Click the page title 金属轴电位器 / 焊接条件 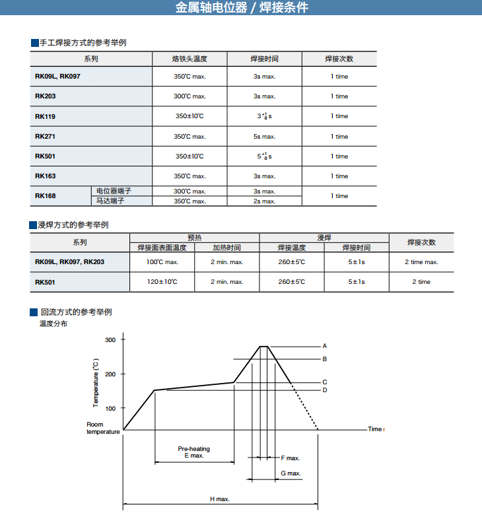coord(242,8)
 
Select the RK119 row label coord(46,116)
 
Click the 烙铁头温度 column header coord(189,59)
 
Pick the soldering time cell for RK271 coord(264,137)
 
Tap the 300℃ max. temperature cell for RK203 coord(189,96)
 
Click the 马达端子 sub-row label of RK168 coord(110,201)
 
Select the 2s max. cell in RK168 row coord(264,201)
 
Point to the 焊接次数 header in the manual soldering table coord(339,59)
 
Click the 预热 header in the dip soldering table coord(194,237)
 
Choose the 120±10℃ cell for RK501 coord(162,282)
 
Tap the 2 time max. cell coord(421,262)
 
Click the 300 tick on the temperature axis coord(110,339)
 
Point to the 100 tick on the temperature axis coord(110,409)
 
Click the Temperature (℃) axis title coord(96,383)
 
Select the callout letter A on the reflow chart coord(325,346)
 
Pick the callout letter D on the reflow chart coord(325,390)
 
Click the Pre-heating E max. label coord(194,452)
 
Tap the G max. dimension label coord(291,473)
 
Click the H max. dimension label coord(220,499)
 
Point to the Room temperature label coord(103,428)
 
